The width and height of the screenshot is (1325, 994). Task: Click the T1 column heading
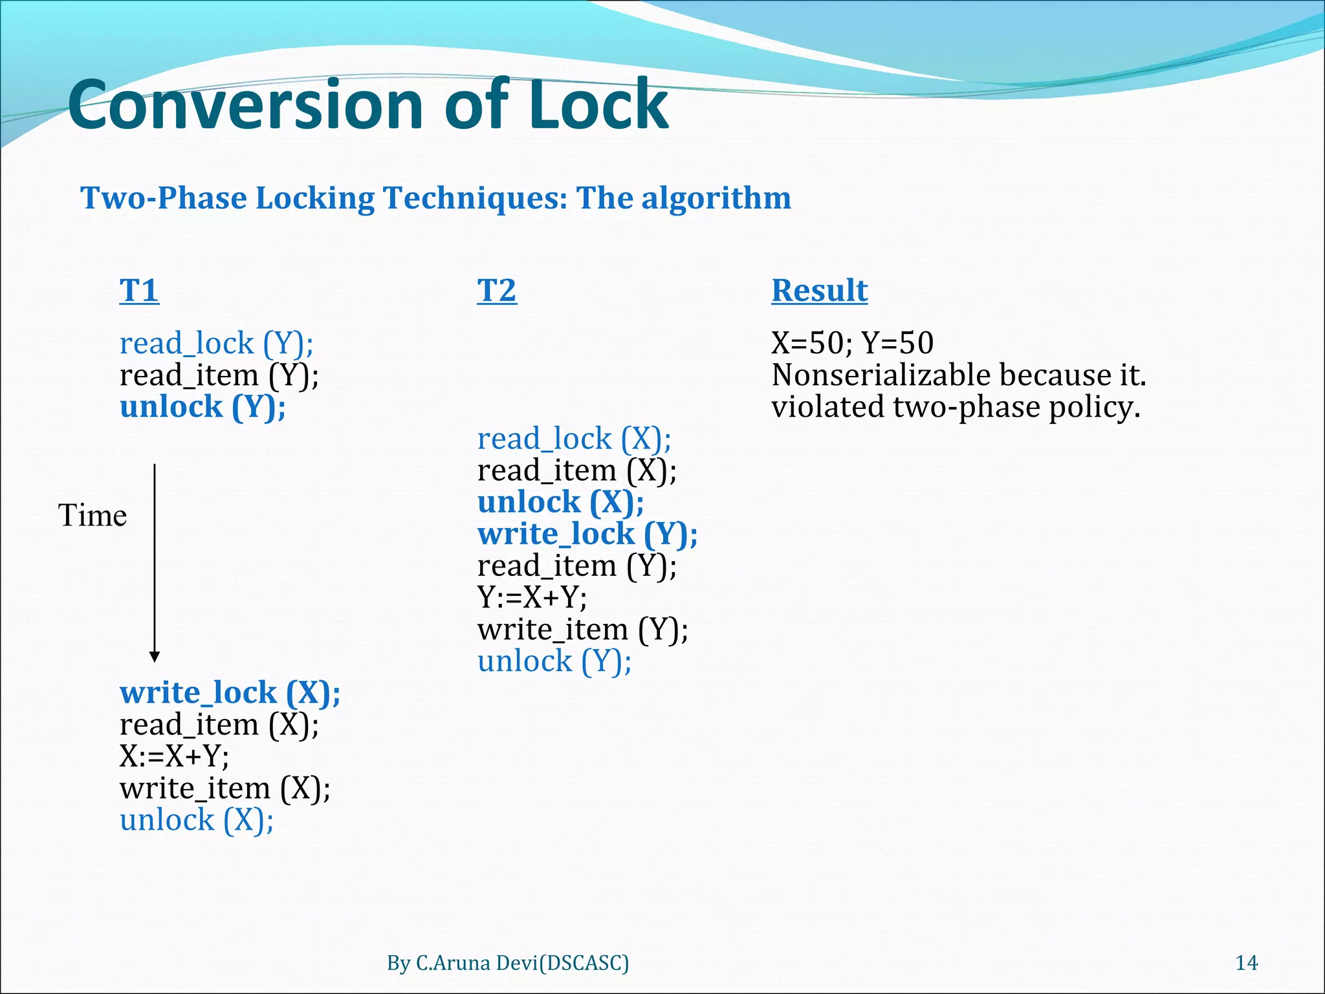[x=139, y=291]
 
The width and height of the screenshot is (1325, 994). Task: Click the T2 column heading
[x=497, y=291]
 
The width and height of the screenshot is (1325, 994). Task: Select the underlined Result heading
[x=819, y=291]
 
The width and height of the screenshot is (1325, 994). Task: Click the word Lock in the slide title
[x=598, y=105]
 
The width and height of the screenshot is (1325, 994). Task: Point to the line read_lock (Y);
[x=216, y=343]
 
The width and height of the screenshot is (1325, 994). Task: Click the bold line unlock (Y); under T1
[x=203, y=407]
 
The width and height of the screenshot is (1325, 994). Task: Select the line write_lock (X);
[x=230, y=692]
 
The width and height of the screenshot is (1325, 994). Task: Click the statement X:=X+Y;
[x=174, y=756]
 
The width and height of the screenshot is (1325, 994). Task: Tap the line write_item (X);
[x=224, y=788]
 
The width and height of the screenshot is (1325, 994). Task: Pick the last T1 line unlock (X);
[x=197, y=820]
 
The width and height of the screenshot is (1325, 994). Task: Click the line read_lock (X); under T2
[x=574, y=439]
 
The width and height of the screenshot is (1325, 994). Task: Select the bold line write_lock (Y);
[x=587, y=534]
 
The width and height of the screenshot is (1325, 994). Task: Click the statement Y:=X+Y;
[x=532, y=597]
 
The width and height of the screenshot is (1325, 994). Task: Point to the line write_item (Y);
[x=582, y=629]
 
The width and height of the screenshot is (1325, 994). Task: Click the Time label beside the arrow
[x=93, y=516]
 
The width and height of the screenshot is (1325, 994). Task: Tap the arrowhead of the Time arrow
[x=155, y=657]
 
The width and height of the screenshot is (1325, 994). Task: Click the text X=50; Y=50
[x=852, y=343]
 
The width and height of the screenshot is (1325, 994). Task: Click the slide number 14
[x=1246, y=963]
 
